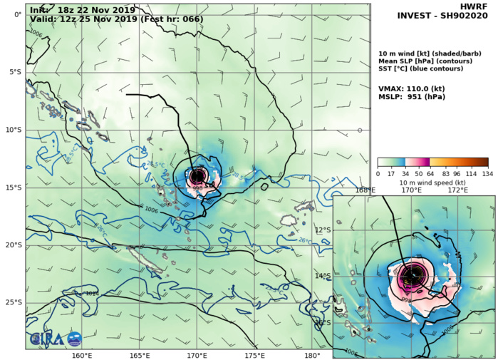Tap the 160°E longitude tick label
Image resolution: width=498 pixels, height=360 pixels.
tap(82, 355)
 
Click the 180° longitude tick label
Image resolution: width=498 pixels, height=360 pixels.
tap(311, 355)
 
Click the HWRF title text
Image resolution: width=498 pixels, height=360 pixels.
tap(477, 5)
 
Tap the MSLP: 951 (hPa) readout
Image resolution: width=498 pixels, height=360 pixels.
tap(414, 98)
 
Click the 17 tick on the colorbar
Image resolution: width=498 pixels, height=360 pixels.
tap(390, 173)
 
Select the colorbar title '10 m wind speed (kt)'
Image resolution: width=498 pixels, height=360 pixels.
tap(432, 182)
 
